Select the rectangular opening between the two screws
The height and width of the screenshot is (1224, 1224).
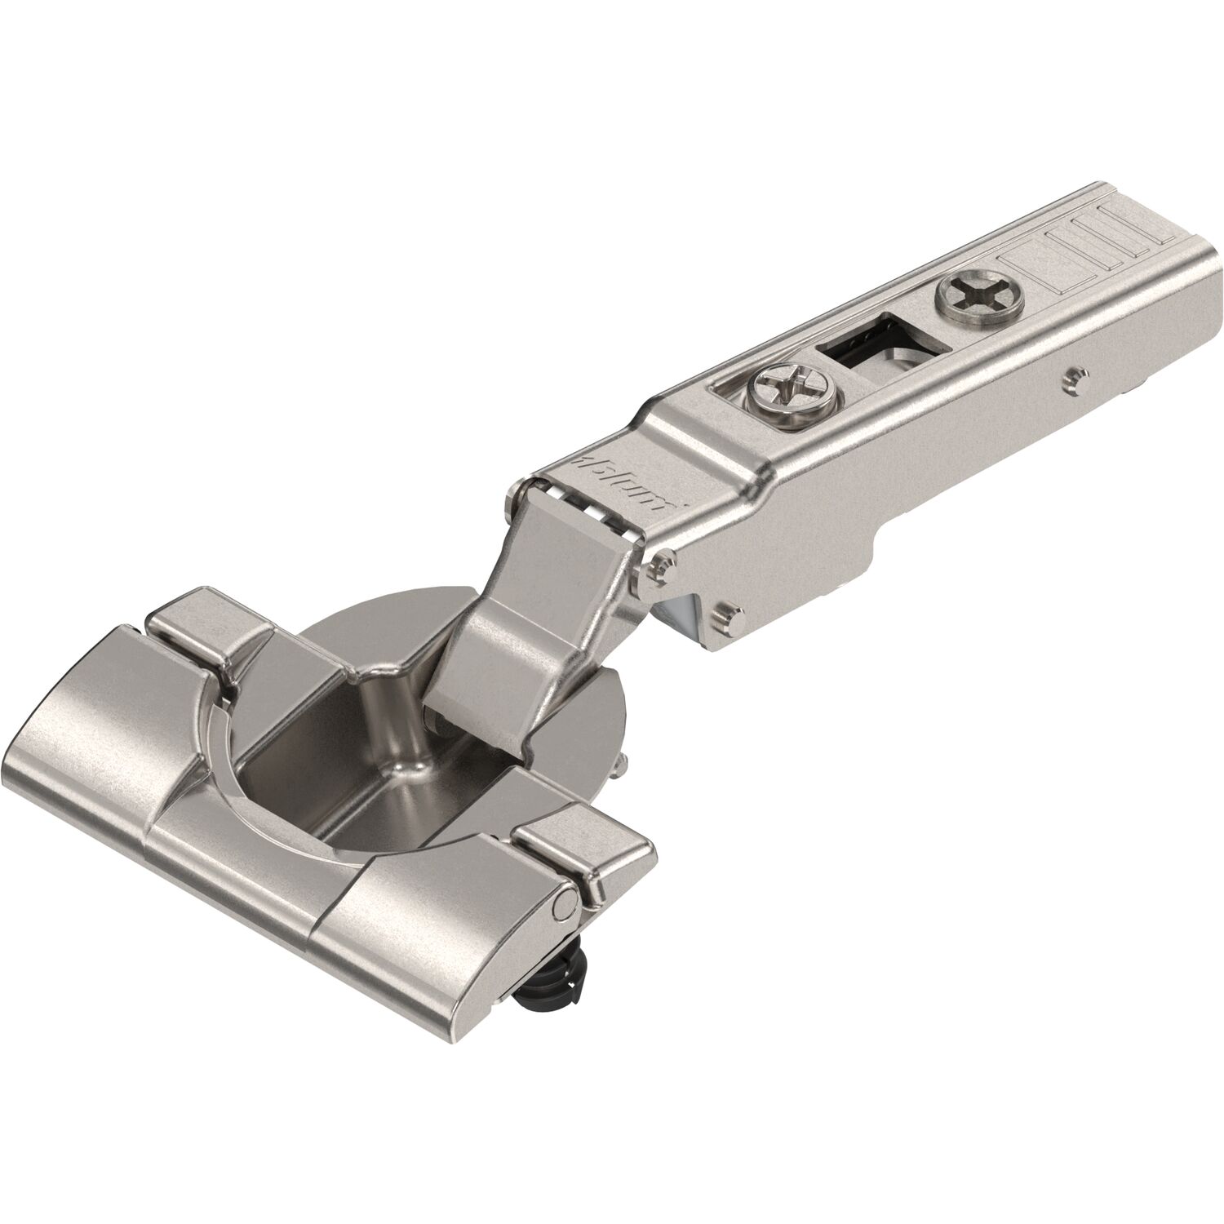tap(865, 343)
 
